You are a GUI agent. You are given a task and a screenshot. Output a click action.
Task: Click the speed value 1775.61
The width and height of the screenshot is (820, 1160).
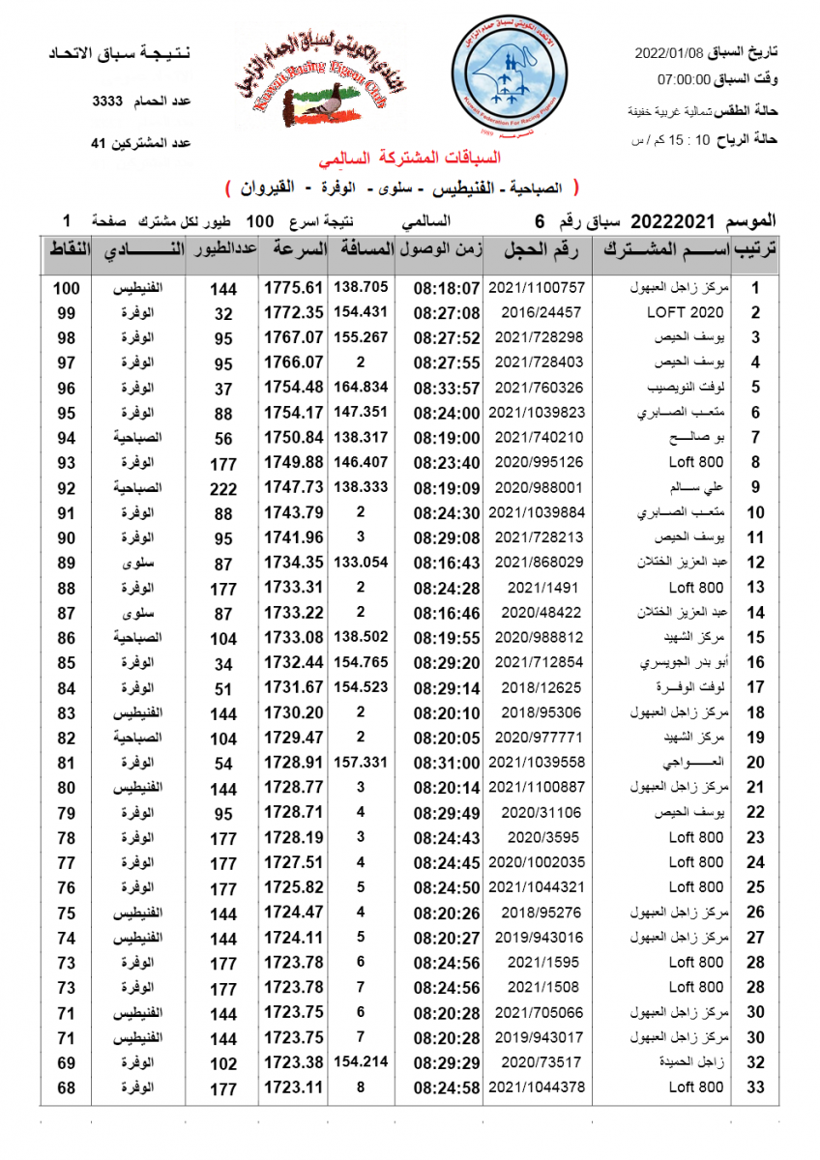(293, 288)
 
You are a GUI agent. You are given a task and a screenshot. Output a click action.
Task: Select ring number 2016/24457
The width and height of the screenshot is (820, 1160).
(542, 313)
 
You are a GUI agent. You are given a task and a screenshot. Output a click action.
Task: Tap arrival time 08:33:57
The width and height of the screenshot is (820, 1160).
(446, 388)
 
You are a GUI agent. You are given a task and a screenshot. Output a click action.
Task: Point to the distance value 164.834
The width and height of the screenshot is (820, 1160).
(360, 388)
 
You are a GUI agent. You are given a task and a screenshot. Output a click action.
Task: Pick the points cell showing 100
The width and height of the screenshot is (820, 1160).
(66, 288)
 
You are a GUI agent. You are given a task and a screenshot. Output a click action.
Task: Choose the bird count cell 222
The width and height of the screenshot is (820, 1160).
(223, 488)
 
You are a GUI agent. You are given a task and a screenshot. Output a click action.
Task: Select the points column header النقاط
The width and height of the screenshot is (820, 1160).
(68, 251)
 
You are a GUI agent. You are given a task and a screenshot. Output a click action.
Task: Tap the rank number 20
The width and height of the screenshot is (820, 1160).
(756, 763)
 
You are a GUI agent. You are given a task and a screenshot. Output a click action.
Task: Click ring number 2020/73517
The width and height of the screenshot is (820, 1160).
(542, 1062)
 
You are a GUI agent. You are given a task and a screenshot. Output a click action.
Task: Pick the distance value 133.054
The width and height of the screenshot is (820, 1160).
(360, 563)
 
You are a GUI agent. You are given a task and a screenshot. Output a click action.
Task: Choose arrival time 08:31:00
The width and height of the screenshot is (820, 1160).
(446, 763)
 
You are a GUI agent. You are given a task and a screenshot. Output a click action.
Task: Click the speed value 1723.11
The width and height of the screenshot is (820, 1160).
(293, 1087)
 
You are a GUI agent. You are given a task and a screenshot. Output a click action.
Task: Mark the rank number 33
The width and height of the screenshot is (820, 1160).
(756, 1087)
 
